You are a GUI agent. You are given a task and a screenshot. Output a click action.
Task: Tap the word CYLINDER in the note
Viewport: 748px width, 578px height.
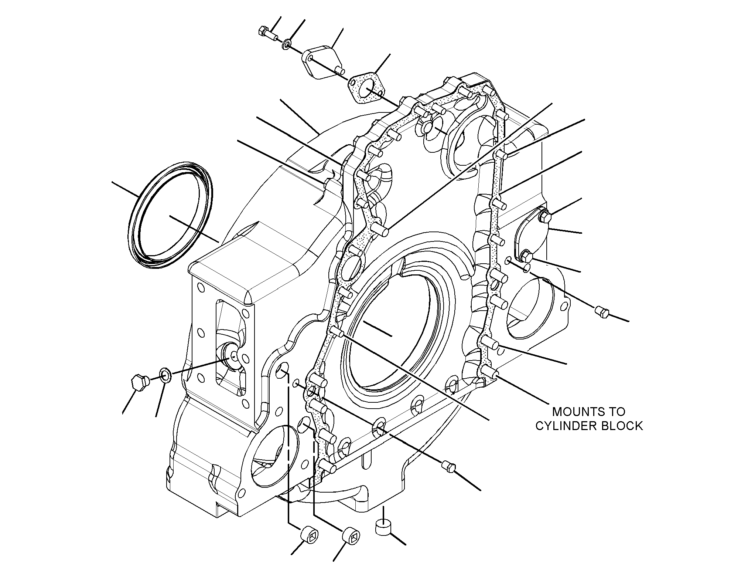565,426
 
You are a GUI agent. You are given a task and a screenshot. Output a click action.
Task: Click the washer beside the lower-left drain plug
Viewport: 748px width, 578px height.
165,376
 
